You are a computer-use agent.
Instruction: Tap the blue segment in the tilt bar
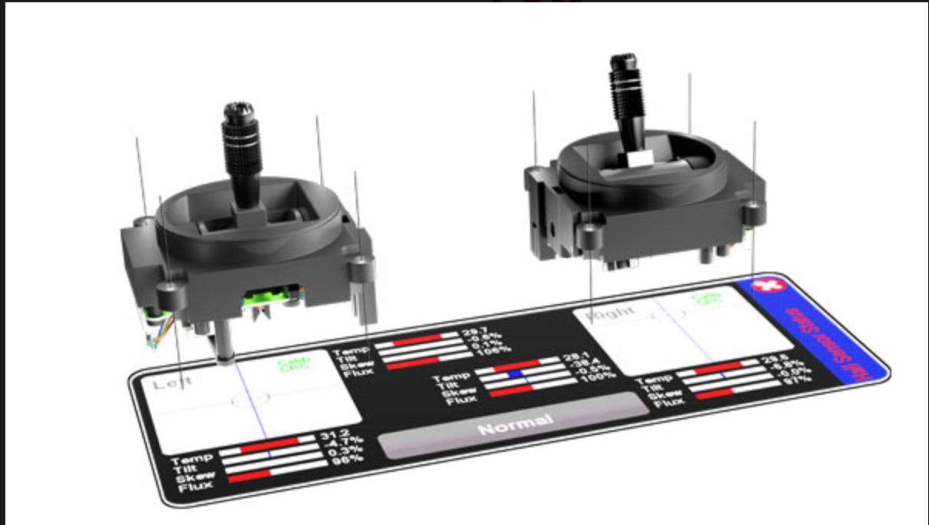(515, 373)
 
